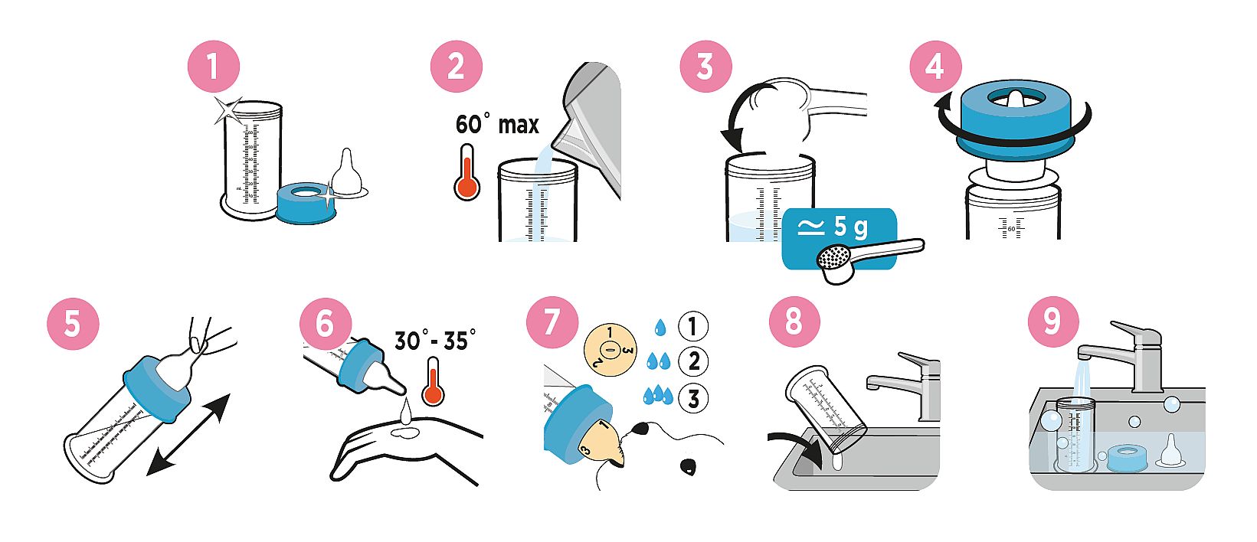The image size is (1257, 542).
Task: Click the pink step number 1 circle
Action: tap(213, 66)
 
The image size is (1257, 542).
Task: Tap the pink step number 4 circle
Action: tap(935, 66)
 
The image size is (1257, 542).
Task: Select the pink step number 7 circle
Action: tap(552, 322)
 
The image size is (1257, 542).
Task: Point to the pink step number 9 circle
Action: tap(1052, 322)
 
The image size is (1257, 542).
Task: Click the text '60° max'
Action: tap(497, 124)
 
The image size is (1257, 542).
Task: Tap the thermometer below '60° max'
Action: tap(467, 172)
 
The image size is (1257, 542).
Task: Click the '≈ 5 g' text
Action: tap(833, 227)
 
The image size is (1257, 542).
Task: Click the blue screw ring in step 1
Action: tap(306, 203)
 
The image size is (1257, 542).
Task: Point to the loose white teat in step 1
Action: tap(347, 174)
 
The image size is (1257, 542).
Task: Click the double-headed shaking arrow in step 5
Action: tap(188, 435)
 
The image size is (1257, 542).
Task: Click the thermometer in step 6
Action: tap(434, 381)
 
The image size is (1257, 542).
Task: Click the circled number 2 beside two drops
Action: tap(693, 361)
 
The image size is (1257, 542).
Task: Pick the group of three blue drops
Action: tap(658, 395)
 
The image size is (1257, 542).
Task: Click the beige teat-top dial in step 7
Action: tap(610, 349)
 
